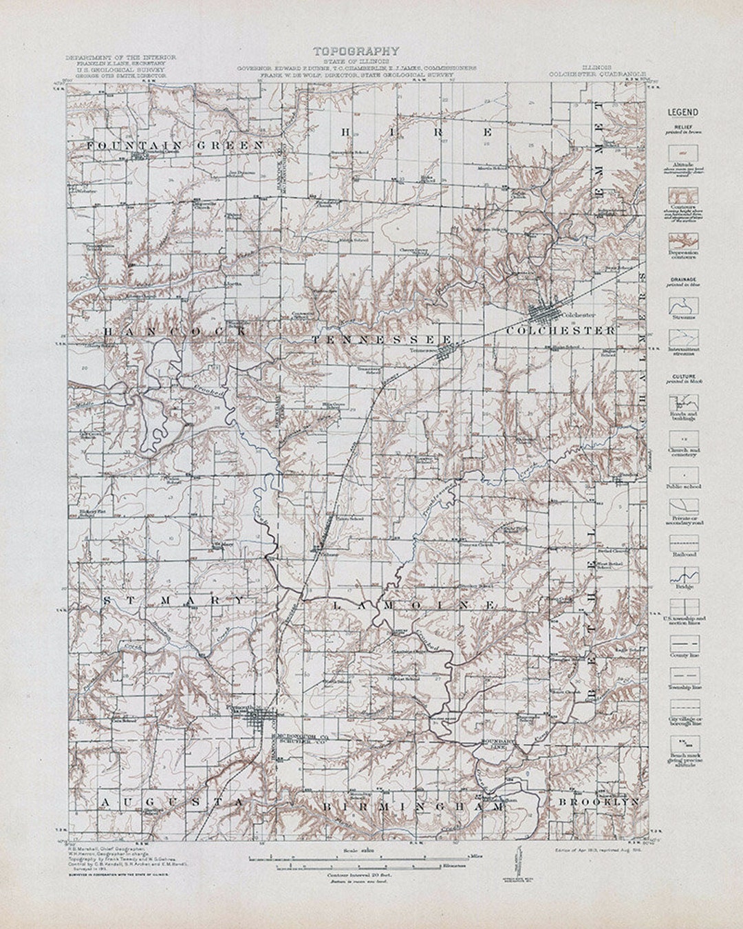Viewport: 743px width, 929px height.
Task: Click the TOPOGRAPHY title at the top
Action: [356, 50]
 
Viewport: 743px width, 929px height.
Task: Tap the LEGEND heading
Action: [682, 113]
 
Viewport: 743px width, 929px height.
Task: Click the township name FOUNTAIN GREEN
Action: [176, 145]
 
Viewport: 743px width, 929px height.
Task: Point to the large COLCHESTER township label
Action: [560, 331]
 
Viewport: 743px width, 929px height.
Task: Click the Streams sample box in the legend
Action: [684, 306]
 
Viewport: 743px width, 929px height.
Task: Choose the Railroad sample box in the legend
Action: [684, 542]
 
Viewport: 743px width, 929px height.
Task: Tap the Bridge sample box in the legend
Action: [684, 575]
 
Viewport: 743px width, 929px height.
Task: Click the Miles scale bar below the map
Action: [358, 858]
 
